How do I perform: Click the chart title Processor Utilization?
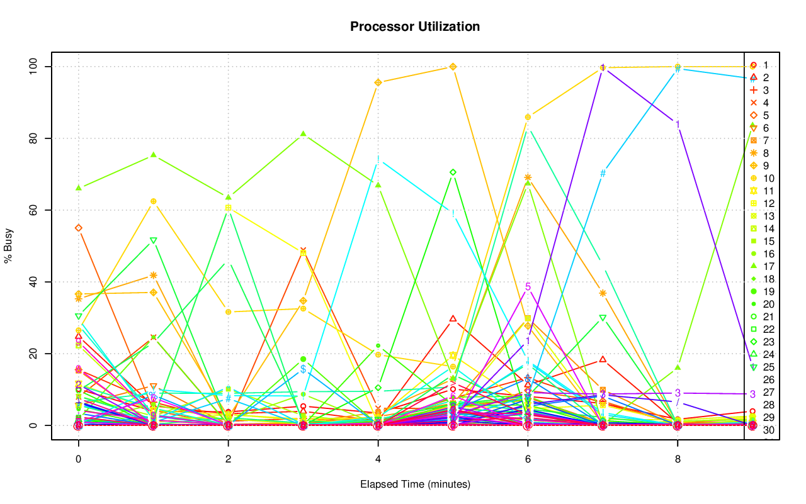click(x=415, y=26)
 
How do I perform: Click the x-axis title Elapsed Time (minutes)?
click(x=415, y=484)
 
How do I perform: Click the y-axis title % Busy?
click(x=9, y=246)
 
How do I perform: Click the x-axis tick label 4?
click(x=378, y=459)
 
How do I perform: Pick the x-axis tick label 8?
click(x=678, y=459)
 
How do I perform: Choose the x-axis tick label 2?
click(x=228, y=459)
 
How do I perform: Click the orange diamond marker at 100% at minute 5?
click(x=453, y=67)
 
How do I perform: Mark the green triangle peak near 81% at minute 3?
click(x=303, y=134)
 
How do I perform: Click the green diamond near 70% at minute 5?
click(x=453, y=172)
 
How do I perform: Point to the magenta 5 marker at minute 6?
click(x=528, y=287)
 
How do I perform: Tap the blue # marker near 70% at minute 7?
click(x=603, y=174)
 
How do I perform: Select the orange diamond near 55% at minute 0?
click(x=78, y=228)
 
